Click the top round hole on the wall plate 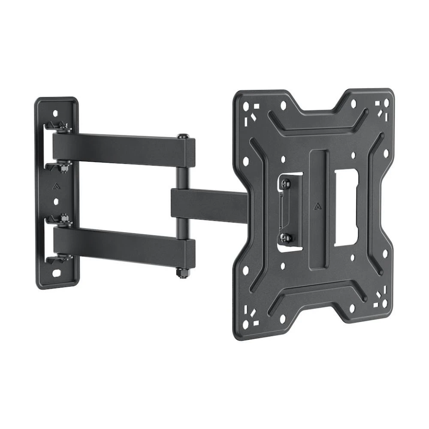click(55, 113)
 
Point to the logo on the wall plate click(55, 187)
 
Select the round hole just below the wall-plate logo click(55, 201)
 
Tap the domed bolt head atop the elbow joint click(182, 136)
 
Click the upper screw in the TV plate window click(286, 183)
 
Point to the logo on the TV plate click(317, 205)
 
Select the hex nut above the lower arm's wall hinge click(64, 219)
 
